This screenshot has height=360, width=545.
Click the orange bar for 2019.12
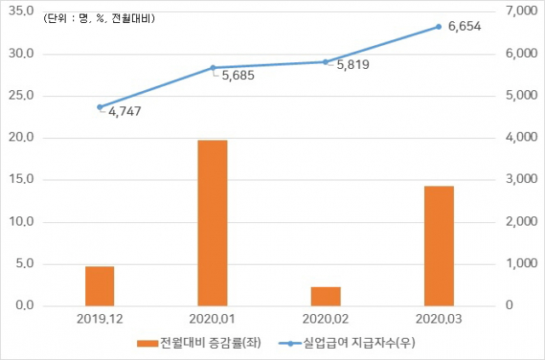(x=100, y=286)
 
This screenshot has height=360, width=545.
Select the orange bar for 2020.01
(x=213, y=223)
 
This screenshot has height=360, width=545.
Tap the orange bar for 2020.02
(x=325, y=296)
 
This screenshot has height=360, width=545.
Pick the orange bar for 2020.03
(x=439, y=246)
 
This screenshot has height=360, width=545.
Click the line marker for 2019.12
(x=100, y=107)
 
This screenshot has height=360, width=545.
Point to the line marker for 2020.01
(x=213, y=68)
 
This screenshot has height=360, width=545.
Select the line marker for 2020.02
(x=325, y=62)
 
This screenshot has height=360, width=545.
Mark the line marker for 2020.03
(x=439, y=26)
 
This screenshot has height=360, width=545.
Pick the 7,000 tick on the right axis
(x=519, y=12)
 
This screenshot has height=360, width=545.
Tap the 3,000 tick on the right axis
(x=519, y=180)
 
